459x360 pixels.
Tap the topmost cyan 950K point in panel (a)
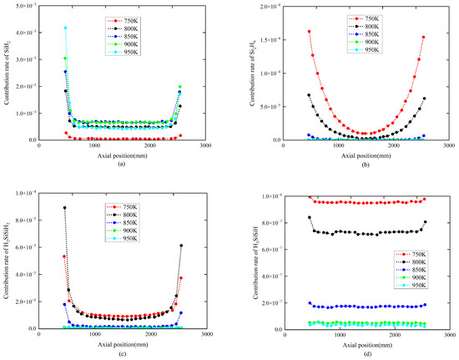[65, 28]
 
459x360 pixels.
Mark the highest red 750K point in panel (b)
[309, 32]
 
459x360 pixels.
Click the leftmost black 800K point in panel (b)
[309, 95]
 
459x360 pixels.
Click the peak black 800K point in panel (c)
[64, 207]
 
